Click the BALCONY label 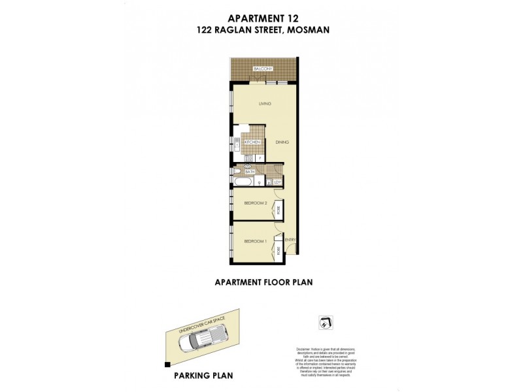point(263,69)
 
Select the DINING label point(282,142)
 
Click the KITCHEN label point(253,142)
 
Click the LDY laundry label point(278,182)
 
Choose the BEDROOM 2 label point(256,204)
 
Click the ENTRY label point(291,240)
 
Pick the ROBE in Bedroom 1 point(278,250)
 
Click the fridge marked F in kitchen point(260,157)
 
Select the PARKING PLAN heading point(203,376)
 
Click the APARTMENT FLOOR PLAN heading point(265,282)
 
